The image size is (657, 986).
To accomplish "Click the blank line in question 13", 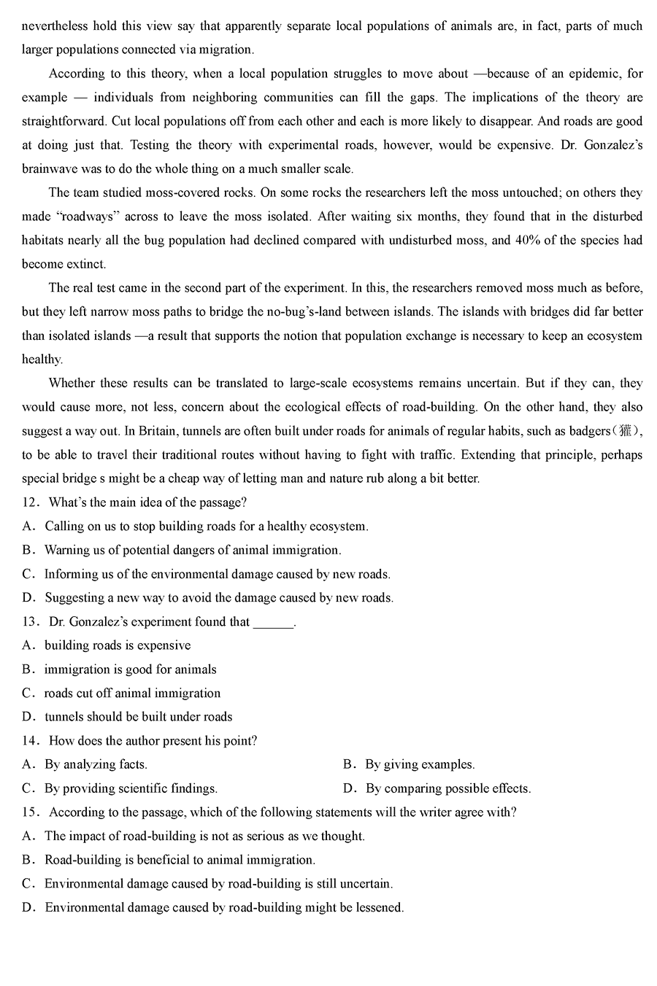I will pos(273,622).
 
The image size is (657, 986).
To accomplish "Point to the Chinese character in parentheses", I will pos(626,431).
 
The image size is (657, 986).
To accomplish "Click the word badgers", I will pos(588,431).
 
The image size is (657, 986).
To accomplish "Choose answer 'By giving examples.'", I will pos(420,764).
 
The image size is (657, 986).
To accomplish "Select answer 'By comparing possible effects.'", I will pos(448,788).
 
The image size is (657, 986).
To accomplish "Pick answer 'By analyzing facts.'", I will pos(96,764).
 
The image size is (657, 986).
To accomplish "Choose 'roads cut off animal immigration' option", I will pos(132,693).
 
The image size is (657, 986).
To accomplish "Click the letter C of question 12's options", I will pos(28,574).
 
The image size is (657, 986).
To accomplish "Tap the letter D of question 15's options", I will pos(28,908).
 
